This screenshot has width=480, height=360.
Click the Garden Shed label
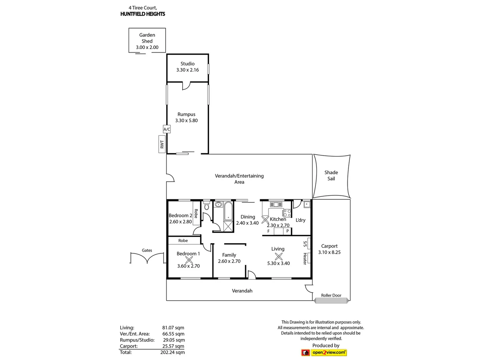147,38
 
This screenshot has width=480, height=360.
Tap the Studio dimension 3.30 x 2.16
187,70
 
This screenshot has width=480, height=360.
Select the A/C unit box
167,129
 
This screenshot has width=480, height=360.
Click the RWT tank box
162,144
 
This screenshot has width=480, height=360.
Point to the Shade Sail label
331,176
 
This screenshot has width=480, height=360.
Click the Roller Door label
331,295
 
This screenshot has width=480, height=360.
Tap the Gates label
147,250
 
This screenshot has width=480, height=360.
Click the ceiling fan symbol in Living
278,256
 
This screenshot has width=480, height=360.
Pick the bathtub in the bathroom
228,211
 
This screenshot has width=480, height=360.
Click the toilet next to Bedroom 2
206,206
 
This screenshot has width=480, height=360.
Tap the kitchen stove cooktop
287,213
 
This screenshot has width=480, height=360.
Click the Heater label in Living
305,259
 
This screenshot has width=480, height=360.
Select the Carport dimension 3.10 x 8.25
329,252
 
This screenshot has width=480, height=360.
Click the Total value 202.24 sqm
172,352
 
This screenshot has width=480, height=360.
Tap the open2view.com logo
329,352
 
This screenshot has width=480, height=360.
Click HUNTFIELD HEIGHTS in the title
143,14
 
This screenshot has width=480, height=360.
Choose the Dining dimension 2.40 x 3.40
247,223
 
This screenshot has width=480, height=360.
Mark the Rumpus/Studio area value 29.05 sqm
174,340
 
